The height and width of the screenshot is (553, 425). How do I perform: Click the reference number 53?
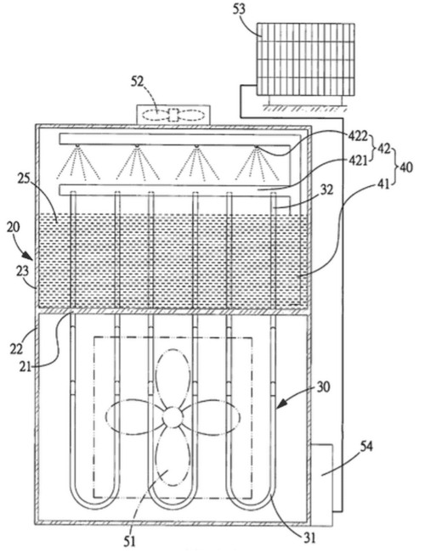tap(240, 10)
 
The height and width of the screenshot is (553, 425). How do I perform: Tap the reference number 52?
tap(138, 82)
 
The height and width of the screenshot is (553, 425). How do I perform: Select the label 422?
tap(359, 136)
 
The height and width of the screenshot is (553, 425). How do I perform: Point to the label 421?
tap(358, 160)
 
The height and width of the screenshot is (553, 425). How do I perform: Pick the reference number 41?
tap(383, 183)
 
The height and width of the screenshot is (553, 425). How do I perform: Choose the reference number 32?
tap(326, 190)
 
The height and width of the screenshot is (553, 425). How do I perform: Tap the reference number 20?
tap(14, 229)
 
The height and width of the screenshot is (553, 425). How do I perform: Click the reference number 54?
tap(365, 448)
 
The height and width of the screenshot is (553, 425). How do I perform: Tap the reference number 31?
tap(309, 539)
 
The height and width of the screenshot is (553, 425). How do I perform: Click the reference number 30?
tap(323, 387)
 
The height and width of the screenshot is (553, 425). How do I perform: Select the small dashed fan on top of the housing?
tap(173, 116)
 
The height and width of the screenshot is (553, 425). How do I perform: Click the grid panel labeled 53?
tap(305, 59)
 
